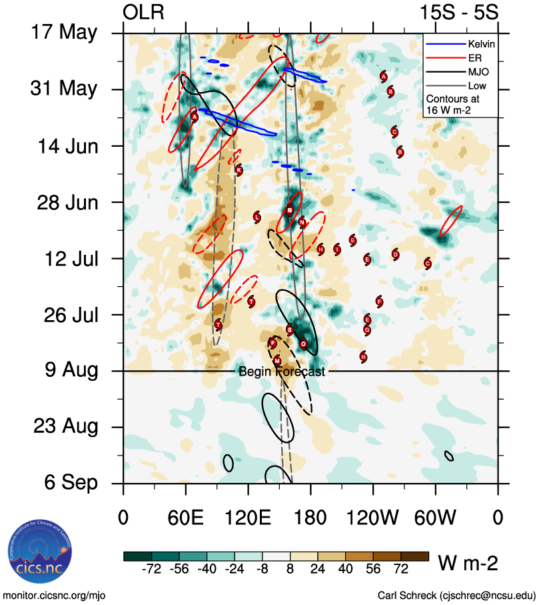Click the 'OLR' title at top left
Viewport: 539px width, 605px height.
coord(144,12)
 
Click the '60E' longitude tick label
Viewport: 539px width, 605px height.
coord(185,518)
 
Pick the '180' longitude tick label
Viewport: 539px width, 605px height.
coord(310,518)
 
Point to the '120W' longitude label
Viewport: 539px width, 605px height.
coord(372,518)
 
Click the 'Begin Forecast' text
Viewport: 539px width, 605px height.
coord(282,372)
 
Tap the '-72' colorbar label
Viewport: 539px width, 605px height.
coord(152,569)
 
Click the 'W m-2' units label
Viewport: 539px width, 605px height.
coord(468,564)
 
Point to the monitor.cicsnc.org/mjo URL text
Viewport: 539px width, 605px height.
coord(55,595)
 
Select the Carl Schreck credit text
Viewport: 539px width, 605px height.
coord(456,595)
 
